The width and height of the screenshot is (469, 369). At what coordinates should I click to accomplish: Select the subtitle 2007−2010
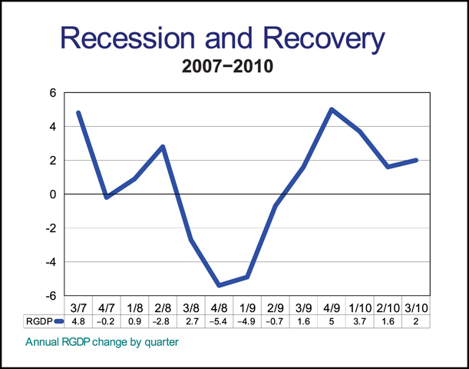(x=229, y=67)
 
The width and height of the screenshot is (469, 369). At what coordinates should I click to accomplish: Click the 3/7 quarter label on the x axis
(x=78, y=307)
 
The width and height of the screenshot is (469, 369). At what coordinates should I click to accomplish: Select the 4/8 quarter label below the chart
(x=220, y=307)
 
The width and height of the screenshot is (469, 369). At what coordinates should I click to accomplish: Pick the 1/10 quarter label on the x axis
(x=361, y=307)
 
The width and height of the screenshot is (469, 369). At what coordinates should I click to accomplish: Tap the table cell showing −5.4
(x=220, y=320)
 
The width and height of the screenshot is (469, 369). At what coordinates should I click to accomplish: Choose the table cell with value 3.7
(x=361, y=320)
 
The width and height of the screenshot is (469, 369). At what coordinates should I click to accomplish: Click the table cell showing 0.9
(x=135, y=320)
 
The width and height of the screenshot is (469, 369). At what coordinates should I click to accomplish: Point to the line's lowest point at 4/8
(x=220, y=285)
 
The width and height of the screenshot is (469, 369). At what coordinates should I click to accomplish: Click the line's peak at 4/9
(x=332, y=110)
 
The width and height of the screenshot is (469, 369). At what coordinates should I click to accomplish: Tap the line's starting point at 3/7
(x=78, y=113)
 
